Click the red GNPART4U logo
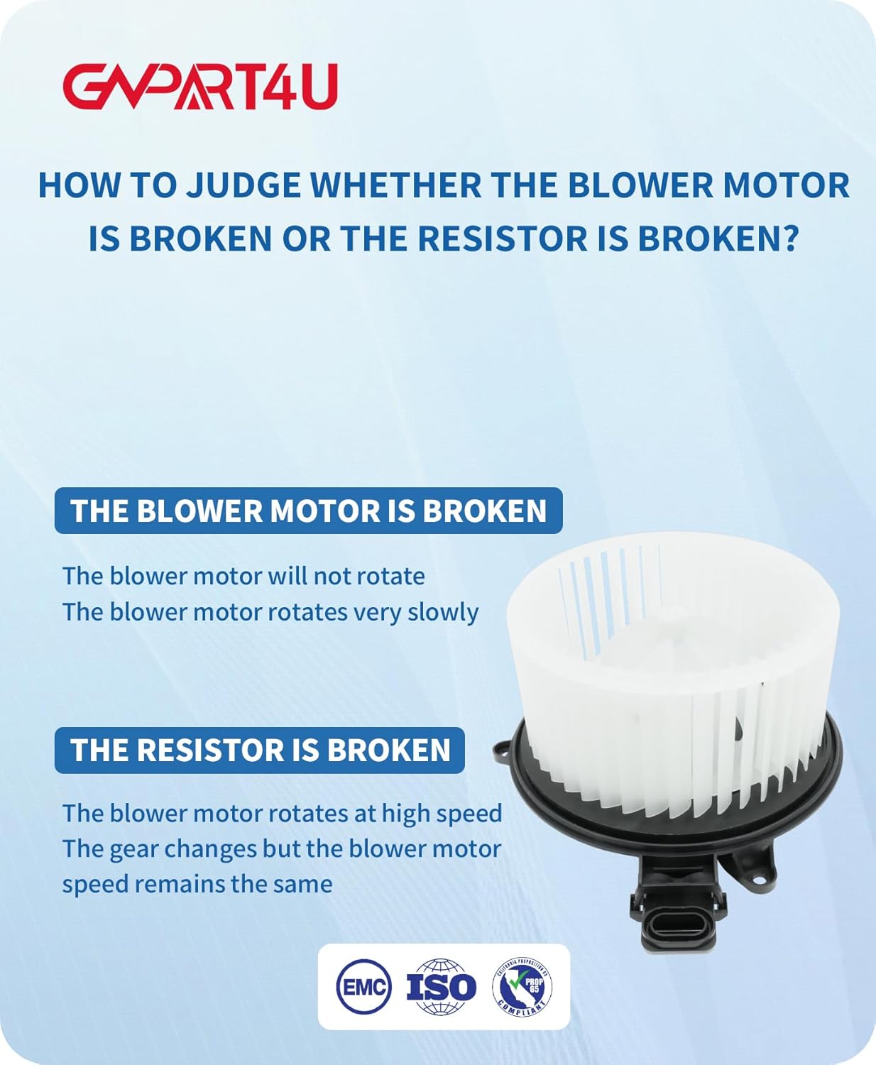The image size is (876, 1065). coord(200,87)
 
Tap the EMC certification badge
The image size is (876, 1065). coord(363,986)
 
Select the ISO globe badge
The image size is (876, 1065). coord(441,986)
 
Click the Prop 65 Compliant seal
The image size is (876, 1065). coord(522,986)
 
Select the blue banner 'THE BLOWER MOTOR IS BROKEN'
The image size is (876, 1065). coord(309,510)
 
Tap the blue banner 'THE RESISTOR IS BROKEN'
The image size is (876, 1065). coord(260,750)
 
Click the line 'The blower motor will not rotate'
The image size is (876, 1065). coord(244,576)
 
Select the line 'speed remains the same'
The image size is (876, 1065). coord(197,885)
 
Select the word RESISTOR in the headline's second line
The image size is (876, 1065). coord(503,238)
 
